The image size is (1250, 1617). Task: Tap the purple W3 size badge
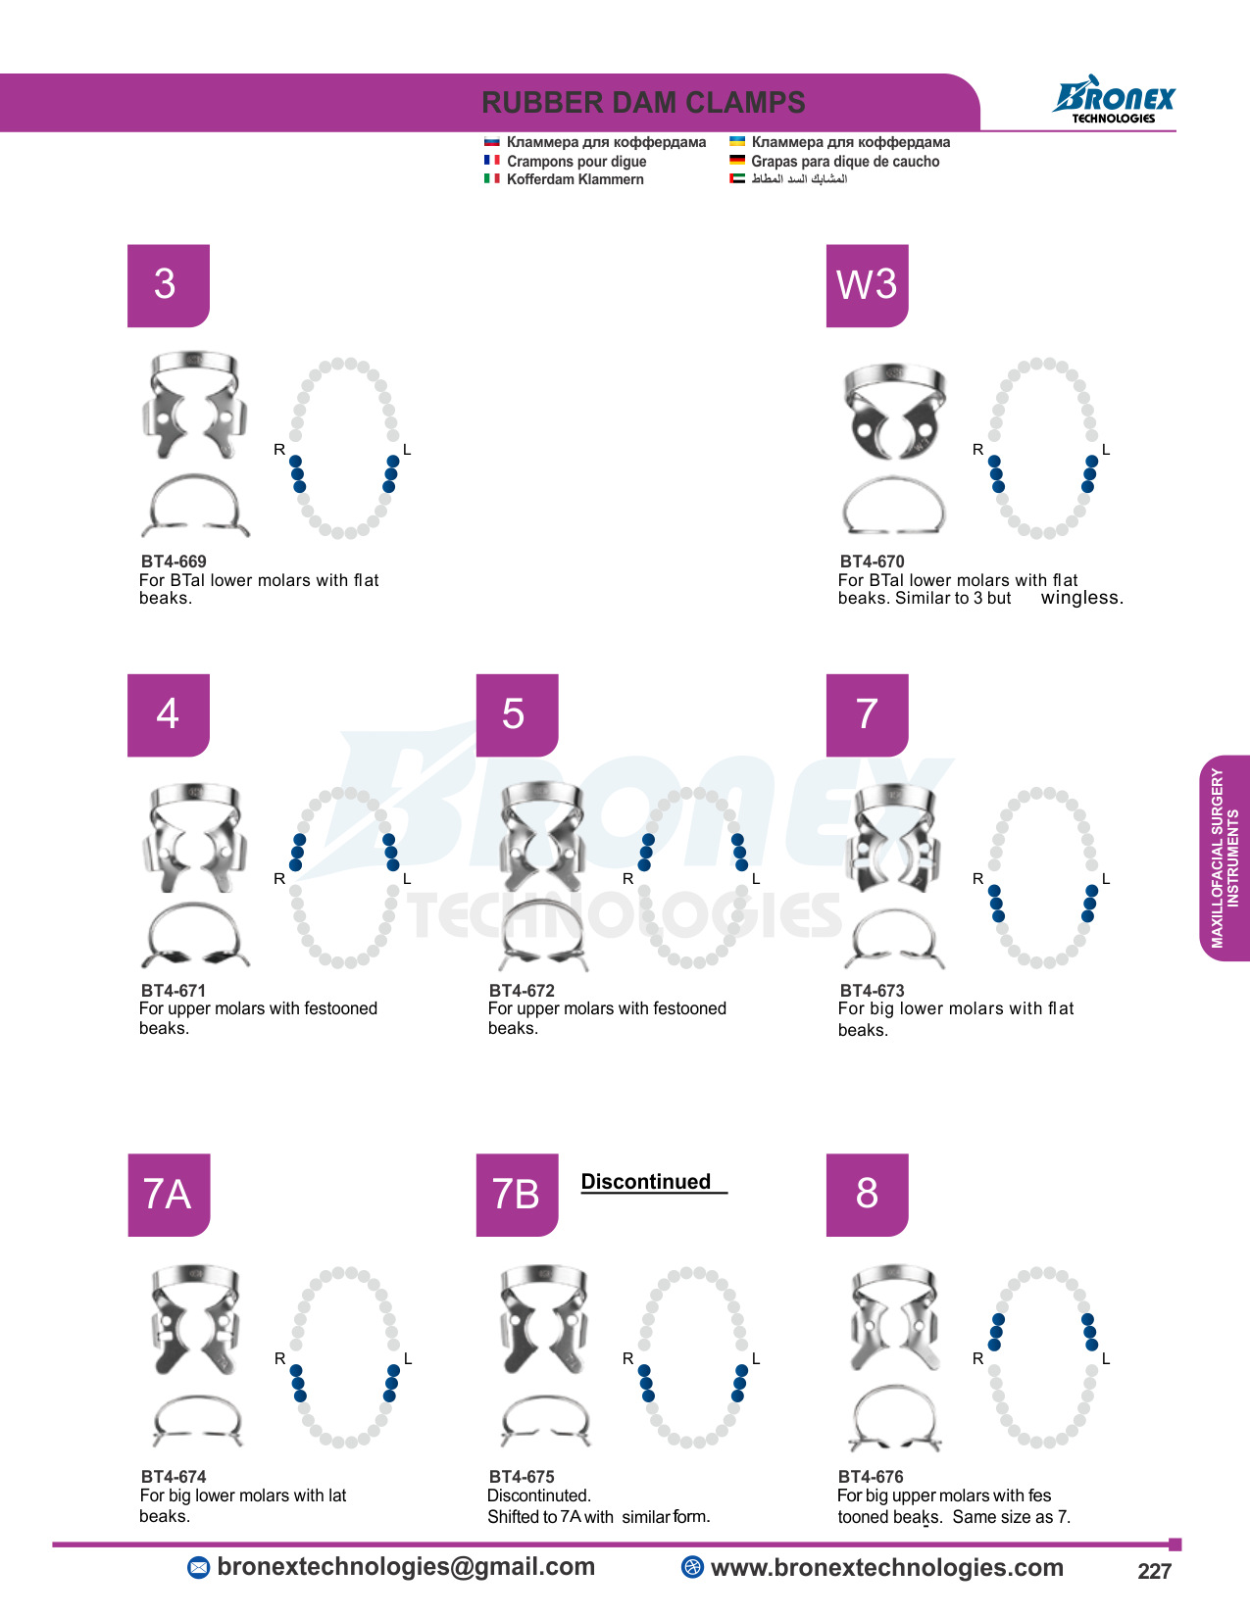[x=867, y=286]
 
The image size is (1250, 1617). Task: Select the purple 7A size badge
[x=169, y=1195]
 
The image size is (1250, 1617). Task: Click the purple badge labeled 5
[x=517, y=715]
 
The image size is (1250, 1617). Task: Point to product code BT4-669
[x=174, y=562]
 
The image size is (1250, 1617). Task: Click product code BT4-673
[x=872, y=991]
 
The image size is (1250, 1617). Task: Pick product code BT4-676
[x=871, y=1476]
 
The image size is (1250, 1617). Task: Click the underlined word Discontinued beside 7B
[x=645, y=1182]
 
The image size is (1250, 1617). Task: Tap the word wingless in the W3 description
[x=1081, y=598]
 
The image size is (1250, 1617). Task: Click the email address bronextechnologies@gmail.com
[x=406, y=1566]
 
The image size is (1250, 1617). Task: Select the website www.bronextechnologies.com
[x=886, y=1567]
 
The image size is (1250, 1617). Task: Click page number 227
[x=1154, y=1571]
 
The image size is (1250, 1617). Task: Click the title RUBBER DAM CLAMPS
[x=643, y=103]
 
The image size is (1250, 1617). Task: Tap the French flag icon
[x=491, y=160]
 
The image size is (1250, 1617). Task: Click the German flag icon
[x=737, y=160]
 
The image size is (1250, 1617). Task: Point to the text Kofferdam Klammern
[x=575, y=179]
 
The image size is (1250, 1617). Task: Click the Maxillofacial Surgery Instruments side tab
[x=1225, y=857]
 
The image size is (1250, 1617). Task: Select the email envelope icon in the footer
[x=198, y=1568]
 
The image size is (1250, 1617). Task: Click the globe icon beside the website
[x=692, y=1566]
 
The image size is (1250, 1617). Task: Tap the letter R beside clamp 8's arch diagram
[x=977, y=1359]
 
